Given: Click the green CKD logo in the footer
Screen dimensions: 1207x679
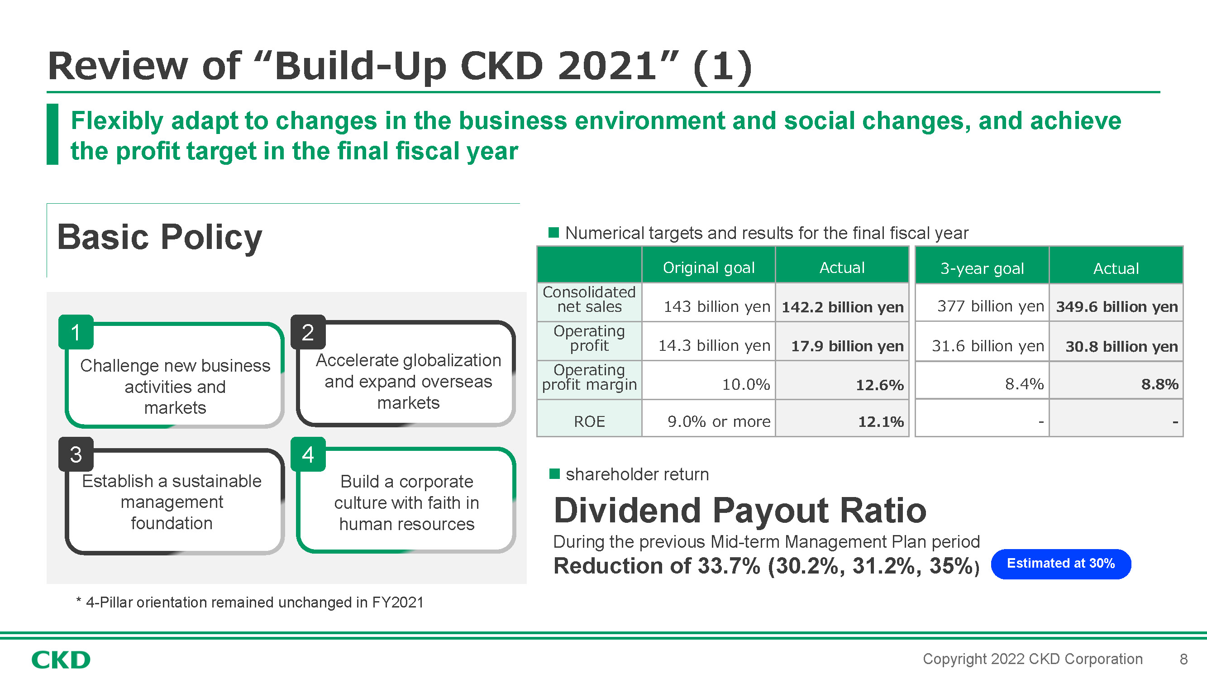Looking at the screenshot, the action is pos(61,660).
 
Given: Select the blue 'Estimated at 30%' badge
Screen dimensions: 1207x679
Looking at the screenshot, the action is pos(1061,564).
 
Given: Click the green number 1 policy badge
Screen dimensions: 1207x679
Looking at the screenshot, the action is pos(76,332).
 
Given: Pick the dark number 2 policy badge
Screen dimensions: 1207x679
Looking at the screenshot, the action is pos(308,332).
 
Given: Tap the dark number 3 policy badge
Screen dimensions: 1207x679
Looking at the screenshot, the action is pos(76,454).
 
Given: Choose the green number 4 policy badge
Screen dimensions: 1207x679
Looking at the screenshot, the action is pos(308,454).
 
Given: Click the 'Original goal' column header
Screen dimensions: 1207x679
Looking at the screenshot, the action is pos(708,267).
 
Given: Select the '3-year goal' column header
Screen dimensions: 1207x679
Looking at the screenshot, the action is pos(982,268).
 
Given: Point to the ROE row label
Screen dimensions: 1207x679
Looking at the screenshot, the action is pos(589,421).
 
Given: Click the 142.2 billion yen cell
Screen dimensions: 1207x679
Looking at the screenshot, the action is pos(842,306).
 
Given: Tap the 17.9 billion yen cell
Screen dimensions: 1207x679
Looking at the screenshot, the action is pos(842,345).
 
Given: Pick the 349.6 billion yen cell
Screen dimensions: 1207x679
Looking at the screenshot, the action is pos(1116,306).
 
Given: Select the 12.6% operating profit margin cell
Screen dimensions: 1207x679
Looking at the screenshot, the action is pos(842,384).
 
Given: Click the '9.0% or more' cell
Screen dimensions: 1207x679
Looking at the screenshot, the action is pos(708,421).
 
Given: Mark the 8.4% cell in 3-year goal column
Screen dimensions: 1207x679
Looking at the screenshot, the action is pos(982,384).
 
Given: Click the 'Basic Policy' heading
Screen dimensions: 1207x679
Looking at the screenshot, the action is pos(159,237).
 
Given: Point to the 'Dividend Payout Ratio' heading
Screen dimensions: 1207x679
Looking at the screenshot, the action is pos(740,510).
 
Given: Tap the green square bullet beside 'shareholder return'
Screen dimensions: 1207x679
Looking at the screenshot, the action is pos(554,474).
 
